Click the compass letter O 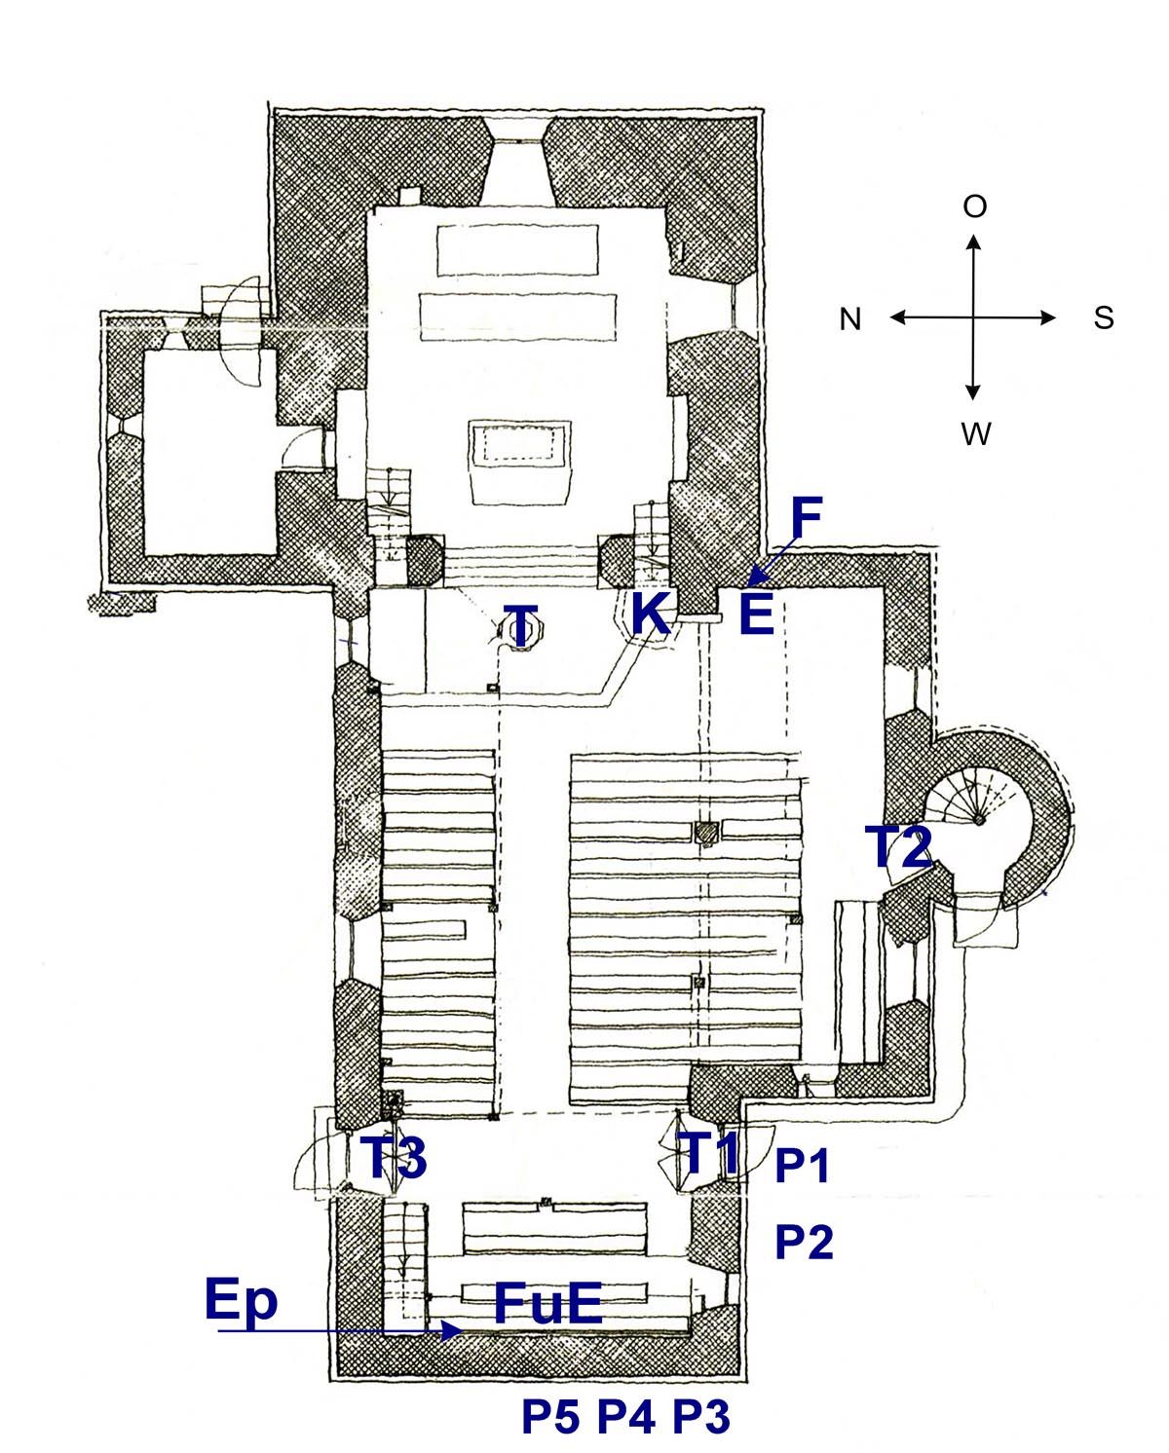point(973,206)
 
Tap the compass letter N point(849,318)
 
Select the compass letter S point(1103,317)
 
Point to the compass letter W point(975,434)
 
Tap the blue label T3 point(393,1157)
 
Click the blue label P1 point(801,1166)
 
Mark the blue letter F point(807,518)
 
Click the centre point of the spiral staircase point(977,820)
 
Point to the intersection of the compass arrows point(972,317)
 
